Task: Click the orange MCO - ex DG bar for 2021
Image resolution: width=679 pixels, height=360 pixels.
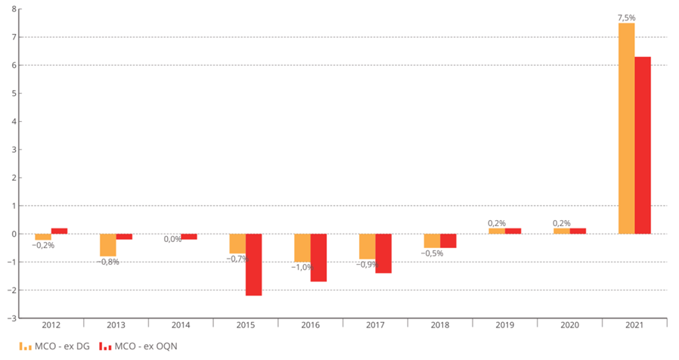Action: pos(626,129)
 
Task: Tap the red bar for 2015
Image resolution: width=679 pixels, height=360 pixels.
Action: pos(253,265)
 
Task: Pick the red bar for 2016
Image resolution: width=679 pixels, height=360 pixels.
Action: pos(318,257)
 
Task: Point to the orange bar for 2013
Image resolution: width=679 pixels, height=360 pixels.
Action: pos(108,245)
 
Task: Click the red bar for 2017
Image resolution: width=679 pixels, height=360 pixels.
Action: pos(383,253)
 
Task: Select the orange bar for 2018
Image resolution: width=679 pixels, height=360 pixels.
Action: pos(432,241)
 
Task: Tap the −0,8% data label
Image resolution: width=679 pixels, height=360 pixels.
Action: pos(107,262)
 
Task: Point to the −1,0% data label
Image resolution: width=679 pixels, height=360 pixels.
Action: pos(302,267)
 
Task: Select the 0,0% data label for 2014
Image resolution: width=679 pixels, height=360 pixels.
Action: pos(172,239)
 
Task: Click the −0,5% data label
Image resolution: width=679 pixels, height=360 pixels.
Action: pos(431,253)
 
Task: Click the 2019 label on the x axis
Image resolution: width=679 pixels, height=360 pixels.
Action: pos(505,326)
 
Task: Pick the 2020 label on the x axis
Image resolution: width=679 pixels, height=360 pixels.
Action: pos(569,326)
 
